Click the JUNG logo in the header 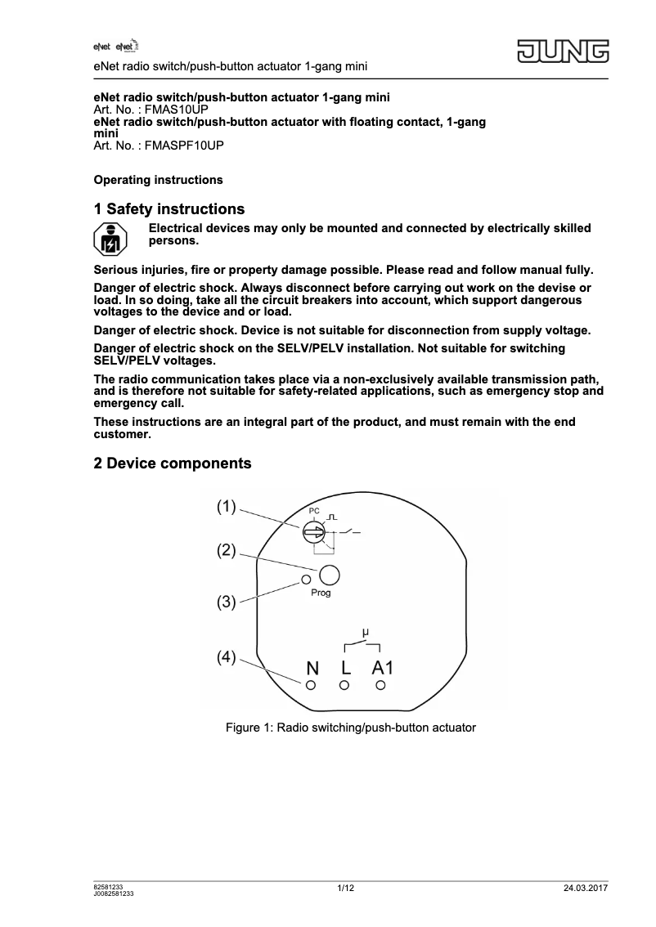(562, 51)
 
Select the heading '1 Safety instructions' (169, 210)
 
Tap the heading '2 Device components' (173, 463)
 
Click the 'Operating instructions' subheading (158, 180)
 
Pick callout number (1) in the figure (227, 507)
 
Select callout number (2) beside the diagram (227, 551)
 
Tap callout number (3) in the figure (227, 602)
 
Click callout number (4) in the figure (227, 656)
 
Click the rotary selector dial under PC (312, 533)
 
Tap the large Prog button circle (329, 575)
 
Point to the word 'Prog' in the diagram (321, 593)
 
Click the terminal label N (312, 669)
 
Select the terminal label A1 (382, 669)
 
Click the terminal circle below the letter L (345, 686)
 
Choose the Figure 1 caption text (350, 727)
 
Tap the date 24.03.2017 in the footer (586, 889)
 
